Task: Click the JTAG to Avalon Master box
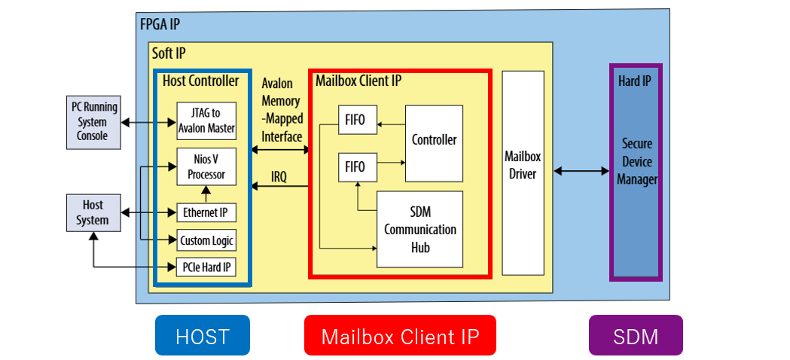[x=206, y=121]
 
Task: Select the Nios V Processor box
[x=206, y=166]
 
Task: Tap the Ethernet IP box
[x=206, y=213]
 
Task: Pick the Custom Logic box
[x=206, y=241]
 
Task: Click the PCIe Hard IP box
[x=206, y=267]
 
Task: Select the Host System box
[x=93, y=212]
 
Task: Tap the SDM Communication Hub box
[x=419, y=229]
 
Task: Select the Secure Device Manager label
[x=636, y=161]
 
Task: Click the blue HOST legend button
[x=202, y=335]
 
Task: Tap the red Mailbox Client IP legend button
[x=400, y=335]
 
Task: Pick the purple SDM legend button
[x=636, y=335]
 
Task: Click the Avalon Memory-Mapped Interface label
[x=281, y=109]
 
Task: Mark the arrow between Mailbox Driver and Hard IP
[x=581, y=172]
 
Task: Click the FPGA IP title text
[x=160, y=23]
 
